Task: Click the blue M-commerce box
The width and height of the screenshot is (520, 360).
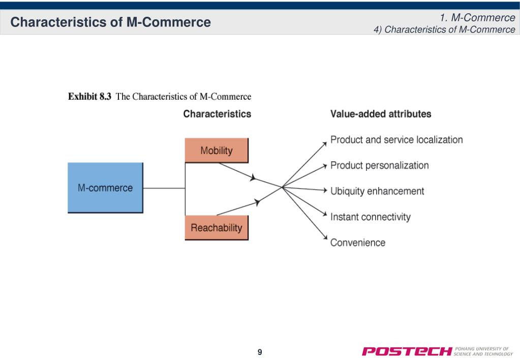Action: pyautogui.click(x=105, y=188)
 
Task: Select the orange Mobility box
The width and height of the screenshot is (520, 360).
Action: pyautogui.click(x=217, y=151)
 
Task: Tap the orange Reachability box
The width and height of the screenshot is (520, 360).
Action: pyautogui.click(x=217, y=228)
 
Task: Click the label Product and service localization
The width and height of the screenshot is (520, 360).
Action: pyautogui.click(x=396, y=140)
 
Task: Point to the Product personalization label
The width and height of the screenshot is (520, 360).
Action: pyautogui.click(x=379, y=165)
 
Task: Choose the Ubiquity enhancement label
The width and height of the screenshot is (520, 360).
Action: pyautogui.click(x=377, y=191)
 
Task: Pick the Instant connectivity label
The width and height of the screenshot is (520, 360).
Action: pyautogui.click(x=371, y=217)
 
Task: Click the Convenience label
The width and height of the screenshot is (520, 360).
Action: pyautogui.click(x=358, y=243)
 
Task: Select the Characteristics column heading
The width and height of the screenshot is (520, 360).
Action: pyautogui.click(x=217, y=114)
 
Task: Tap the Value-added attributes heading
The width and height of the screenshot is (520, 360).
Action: pyautogui.click(x=381, y=114)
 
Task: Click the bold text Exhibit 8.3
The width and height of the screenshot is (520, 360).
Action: pyautogui.click(x=89, y=97)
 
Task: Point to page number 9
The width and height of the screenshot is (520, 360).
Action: pyautogui.click(x=260, y=352)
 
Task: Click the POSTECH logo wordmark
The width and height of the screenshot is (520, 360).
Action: pyautogui.click(x=407, y=351)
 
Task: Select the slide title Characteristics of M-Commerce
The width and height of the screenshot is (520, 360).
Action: pyautogui.click(x=110, y=22)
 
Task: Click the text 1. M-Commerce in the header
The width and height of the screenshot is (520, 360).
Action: pyautogui.click(x=477, y=18)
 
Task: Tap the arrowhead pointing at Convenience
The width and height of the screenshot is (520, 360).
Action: pyautogui.click(x=325, y=237)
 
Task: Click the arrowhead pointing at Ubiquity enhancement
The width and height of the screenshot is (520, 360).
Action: pyautogui.click(x=325, y=190)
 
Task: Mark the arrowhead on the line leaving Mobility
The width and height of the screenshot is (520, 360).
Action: pyautogui.click(x=253, y=177)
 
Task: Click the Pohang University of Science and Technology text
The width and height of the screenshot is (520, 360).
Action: pyautogui.click(x=483, y=351)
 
